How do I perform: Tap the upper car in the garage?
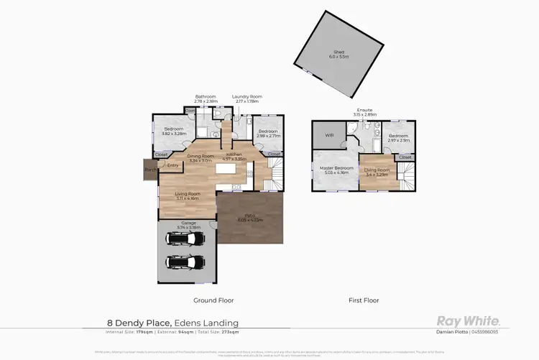185,239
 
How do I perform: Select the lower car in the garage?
185,261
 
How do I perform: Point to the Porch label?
149,170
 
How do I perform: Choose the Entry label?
172,165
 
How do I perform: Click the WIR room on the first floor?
329,134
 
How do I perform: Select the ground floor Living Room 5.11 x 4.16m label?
186,195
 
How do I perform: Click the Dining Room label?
201,158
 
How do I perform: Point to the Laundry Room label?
247,99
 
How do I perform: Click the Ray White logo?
468,321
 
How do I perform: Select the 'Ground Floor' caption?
213,300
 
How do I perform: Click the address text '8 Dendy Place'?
132,323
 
